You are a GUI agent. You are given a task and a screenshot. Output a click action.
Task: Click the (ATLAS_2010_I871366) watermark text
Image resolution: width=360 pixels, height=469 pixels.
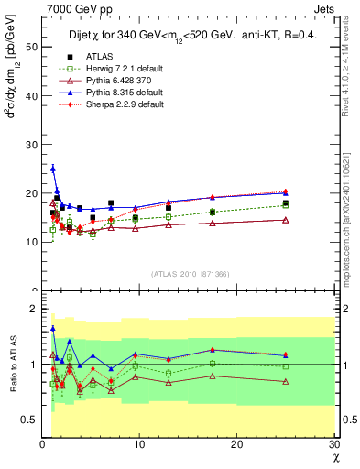190,274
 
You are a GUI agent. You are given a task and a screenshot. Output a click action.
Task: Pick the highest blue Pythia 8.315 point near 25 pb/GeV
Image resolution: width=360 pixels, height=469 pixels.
53,169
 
